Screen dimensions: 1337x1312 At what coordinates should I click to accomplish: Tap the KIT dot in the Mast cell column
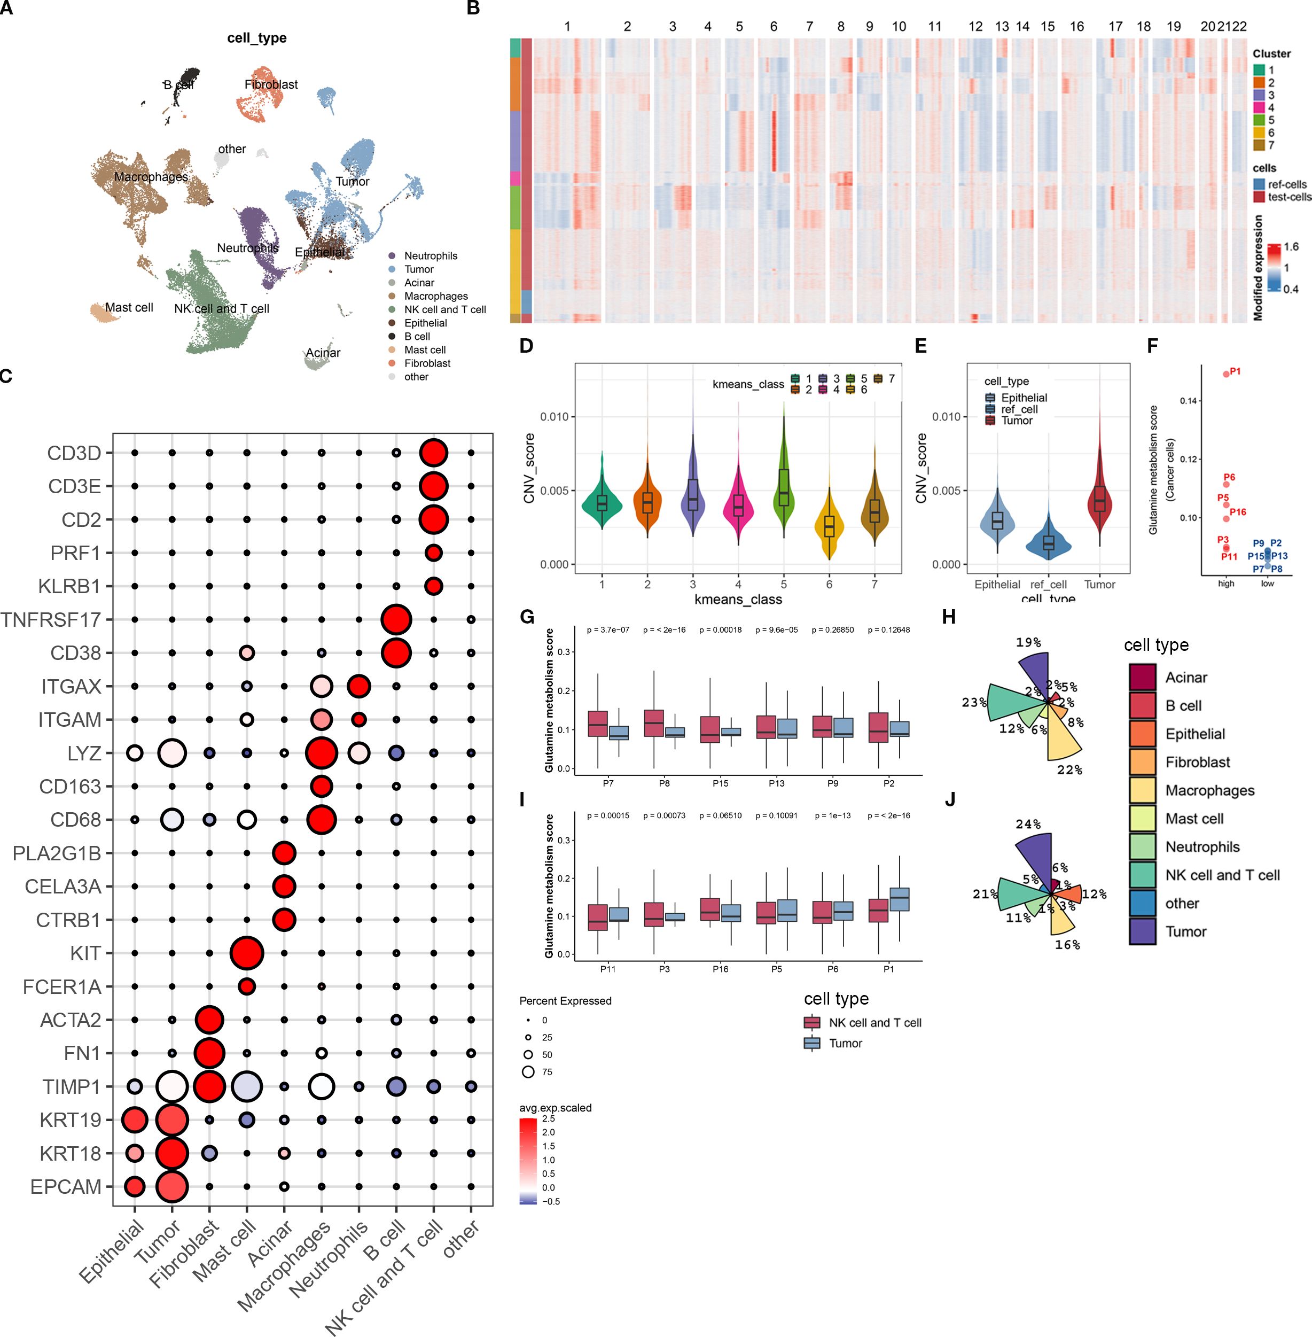point(247,953)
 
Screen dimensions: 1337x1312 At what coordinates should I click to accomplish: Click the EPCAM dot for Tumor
point(172,1187)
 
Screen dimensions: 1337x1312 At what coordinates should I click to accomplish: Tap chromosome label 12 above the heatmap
point(975,27)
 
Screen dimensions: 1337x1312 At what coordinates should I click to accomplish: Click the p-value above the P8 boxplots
point(663,630)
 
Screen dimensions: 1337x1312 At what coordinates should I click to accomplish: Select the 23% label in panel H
point(974,703)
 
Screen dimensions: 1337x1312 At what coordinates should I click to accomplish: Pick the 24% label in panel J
point(1027,824)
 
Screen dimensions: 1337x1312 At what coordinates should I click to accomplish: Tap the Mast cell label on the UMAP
point(129,307)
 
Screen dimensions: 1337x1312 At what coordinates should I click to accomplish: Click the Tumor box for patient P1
point(899,899)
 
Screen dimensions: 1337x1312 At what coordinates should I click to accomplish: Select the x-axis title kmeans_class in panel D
point(738,600)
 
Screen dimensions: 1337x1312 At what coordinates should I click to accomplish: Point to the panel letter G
point(527,617)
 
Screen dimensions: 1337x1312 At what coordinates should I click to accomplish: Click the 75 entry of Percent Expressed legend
point(528,1071)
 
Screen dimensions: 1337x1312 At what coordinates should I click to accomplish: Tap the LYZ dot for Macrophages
point(321,753)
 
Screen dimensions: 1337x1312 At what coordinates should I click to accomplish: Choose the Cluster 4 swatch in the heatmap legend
point(1259,107)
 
